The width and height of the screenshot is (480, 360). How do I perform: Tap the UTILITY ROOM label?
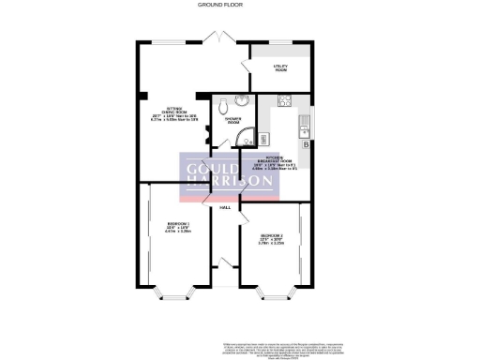(279, 67)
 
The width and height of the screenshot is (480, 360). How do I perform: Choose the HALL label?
(225, 207)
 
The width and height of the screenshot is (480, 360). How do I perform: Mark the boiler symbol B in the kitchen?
(306, 143)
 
